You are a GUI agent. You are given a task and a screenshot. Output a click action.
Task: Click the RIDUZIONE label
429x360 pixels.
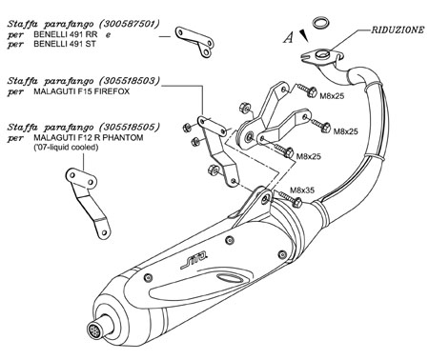398,30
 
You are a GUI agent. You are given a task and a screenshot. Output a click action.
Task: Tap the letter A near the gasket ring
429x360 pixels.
288,37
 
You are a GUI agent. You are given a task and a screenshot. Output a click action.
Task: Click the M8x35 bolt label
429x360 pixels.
302,190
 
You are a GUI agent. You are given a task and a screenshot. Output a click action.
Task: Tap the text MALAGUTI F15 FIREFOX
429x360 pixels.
82,91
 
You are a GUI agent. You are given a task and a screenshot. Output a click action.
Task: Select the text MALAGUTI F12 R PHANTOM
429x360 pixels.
89,138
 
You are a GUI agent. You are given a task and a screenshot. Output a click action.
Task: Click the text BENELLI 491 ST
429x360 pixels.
65,44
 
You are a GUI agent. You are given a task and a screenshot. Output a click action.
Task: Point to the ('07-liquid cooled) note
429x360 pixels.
66,148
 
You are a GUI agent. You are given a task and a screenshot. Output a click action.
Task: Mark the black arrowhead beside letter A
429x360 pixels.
304,35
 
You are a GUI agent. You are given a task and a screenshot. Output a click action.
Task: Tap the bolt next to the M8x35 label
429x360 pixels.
289,198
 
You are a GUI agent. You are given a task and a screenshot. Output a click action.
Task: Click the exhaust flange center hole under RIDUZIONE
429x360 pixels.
323,54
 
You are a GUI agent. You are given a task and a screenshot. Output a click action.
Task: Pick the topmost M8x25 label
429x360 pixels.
332,96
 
